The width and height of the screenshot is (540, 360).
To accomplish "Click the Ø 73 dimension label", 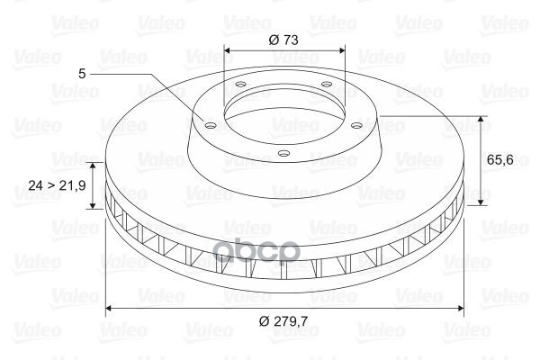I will click(x=283, y=39).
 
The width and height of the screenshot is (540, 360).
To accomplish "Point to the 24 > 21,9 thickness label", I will click(x=56, y=184).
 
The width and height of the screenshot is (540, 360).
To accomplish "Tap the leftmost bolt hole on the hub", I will click(x=210, y=126).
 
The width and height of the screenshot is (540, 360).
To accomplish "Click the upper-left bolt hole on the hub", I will click(x=239, y=86).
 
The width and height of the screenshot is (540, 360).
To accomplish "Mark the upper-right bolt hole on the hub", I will click(x=325, y=86).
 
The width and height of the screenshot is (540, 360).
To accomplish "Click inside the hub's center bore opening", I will click(x=283, y=112).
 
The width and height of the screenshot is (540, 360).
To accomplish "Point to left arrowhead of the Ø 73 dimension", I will click(x=227, y=50).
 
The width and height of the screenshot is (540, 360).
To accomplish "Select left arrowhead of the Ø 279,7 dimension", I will click(x=111, y=310).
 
